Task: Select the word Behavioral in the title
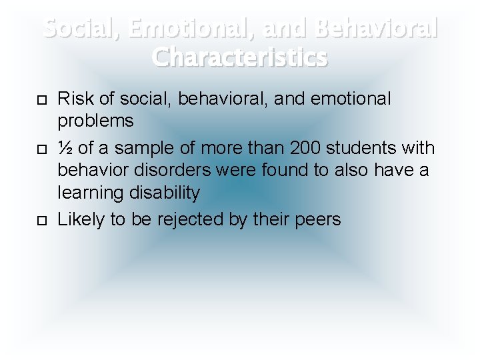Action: point(376,29)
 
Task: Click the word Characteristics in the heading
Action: point(240,57)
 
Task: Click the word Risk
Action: point(75,99)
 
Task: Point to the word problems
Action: point(96,122)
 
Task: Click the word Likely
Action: point(80,219)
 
